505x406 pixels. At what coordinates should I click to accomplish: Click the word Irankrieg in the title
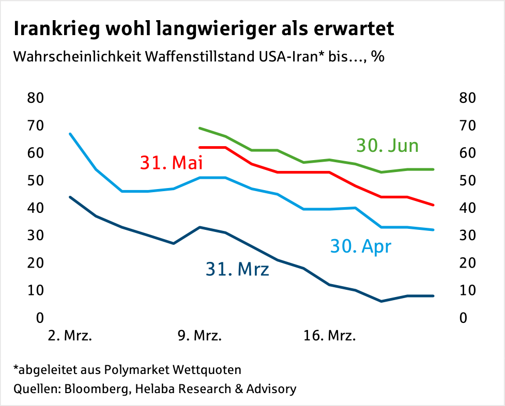pyautogui.click(x=53, y=29)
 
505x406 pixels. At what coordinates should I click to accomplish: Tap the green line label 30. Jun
pyautogui.click(x=387, y=146)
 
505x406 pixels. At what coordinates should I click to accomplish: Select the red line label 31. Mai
pyautogui.click(x=171, y=163)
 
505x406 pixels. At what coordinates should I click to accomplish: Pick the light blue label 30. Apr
pyautogui.click(x=361, y=246)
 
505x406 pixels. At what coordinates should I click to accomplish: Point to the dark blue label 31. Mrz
pyautogui.click(x=237, y=269)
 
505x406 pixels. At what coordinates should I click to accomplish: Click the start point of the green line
pyautogui.click(x=200, y=128)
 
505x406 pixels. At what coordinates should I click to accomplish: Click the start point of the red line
pyautogui.click(x=200, y=147)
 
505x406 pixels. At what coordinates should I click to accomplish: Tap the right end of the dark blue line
pyautogui.click(x=433, y=296)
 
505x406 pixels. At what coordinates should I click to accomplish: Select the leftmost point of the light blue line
pyautogui.click(x=70, y=134)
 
